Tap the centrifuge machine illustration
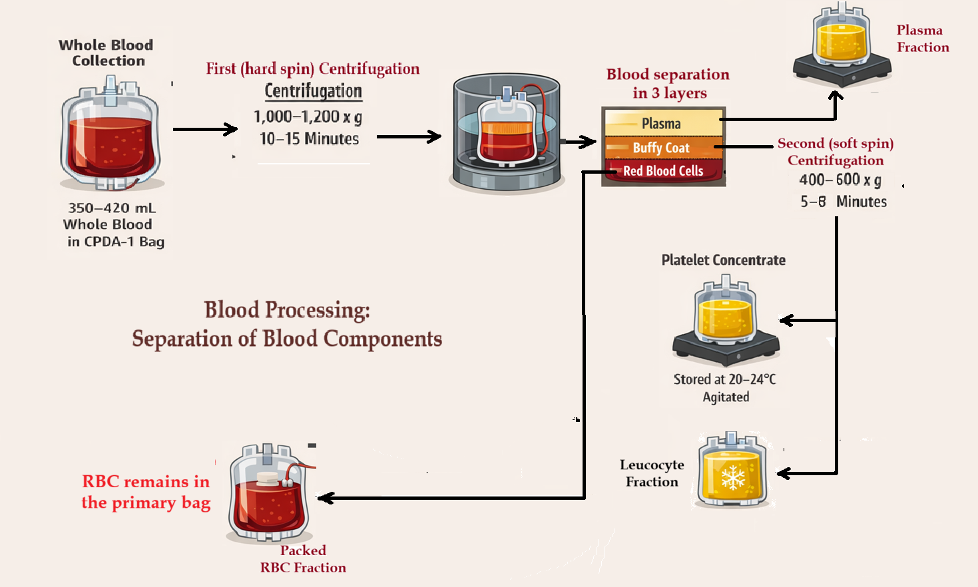click(506, 136)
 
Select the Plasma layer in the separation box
click(662, 123)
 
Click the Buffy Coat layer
click(662, 148)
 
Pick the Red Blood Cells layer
click(663, 171)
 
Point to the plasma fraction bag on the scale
click(842, 40)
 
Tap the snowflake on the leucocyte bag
click(732, 477)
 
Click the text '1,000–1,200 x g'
click(308, 117)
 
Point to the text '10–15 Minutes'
click(309, 139)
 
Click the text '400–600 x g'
click(840, 180)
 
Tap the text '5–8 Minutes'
click(844, 202)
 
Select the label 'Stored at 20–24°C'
click(724, 379)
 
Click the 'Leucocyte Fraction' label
click(652, 473)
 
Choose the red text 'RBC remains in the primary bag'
click(146, 492)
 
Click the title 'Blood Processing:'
click(287, 310)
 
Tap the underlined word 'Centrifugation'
click(314, 91)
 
